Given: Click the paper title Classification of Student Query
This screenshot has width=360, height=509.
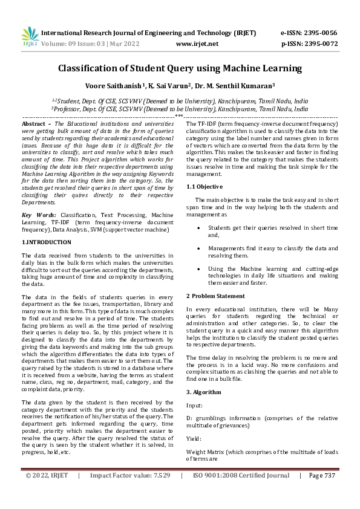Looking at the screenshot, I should (180, 68).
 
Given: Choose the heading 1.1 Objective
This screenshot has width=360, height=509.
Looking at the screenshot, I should (204, 186).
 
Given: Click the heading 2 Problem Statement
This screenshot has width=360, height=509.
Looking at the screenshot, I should (215, 296).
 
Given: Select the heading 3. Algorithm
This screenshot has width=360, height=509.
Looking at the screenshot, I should (203, 392).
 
